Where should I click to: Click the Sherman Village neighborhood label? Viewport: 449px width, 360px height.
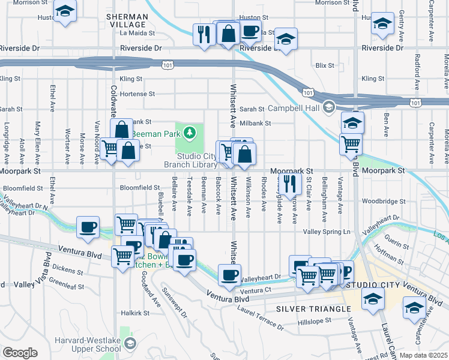click(x=126, y=20)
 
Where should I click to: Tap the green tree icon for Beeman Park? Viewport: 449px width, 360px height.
click(x=190, y=132)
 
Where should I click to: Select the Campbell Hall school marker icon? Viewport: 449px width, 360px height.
click(x=328, y=109)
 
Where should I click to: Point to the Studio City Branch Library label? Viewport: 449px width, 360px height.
click(x=190, y=160)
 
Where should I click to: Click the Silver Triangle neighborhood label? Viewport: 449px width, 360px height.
click(x=313, y=308)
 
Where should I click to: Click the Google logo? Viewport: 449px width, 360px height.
click(x=20, y=353)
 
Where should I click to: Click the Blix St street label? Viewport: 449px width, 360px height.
click(x=324, y=64)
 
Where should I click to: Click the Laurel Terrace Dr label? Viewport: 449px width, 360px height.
click(x=260, y=318)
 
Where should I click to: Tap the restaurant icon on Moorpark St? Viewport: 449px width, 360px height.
click(x=290, y=183)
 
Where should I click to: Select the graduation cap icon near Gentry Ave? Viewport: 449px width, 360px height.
click(x=381, y=23)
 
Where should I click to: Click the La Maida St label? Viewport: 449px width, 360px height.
click(x=137, y=34)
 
